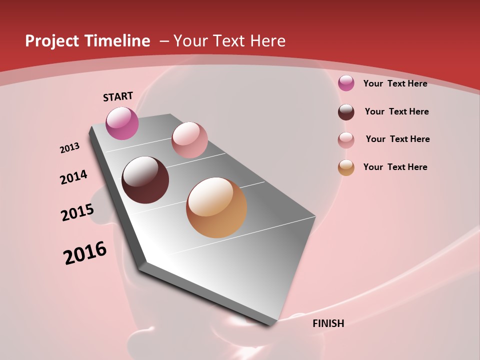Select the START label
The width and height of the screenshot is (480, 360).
coord(118,96)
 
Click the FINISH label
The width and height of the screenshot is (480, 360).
coord(328,323)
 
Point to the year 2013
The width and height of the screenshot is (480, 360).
coord(69,148)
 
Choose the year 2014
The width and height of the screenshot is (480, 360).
coord(73,177)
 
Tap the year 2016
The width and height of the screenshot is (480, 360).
coord(85,252)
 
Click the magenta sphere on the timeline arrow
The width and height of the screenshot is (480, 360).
coord(122,123)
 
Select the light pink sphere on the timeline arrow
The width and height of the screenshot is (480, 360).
coord(189,140)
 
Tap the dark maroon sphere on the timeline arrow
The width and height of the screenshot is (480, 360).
coord(145,180)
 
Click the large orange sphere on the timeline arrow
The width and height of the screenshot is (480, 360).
coord(216,207)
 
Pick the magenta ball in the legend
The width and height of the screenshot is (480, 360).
coord(346,83)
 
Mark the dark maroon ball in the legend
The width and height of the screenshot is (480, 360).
coord(346,112)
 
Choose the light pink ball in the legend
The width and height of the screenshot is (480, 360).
coord(346,140)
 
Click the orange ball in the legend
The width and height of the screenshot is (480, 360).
coord(346,167)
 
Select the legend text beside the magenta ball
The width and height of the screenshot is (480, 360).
coord(395,83)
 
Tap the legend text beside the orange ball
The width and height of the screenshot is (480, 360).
coord(395,167)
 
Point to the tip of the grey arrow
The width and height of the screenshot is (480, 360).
coord(272,324)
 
